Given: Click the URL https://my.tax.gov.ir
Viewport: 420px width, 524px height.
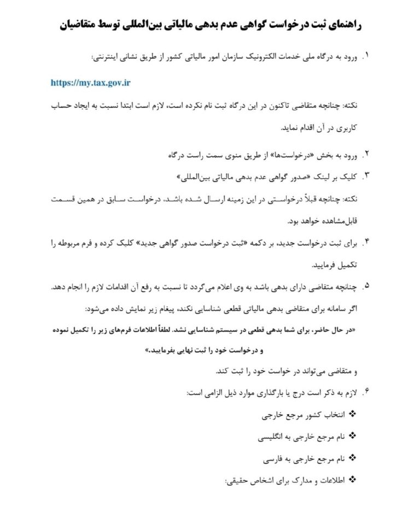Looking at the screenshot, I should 91,83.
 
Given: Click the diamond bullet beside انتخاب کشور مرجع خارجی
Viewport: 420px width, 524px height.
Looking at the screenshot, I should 352,415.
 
